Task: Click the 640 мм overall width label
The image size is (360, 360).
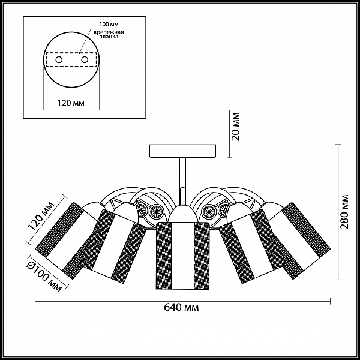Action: pos(181,307)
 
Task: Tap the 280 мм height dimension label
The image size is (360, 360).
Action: pos(344,212)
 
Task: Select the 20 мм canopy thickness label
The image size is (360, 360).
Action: pos(235,127)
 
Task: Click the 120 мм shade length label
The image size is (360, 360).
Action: pos(41,215)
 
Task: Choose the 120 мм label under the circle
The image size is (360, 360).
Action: pos(70,103)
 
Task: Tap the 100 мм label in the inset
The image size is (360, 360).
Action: pos(109,24)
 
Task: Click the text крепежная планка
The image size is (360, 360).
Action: pos(109,34)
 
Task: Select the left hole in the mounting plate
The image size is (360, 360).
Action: pos(59,60)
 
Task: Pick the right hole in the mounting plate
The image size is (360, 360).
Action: pos(85,60)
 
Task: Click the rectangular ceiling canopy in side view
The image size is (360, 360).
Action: pos(182,151)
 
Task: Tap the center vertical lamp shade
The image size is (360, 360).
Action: pos(182,256)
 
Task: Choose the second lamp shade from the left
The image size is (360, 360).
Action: pos(114,247)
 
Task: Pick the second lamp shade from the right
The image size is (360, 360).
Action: pos(251,247)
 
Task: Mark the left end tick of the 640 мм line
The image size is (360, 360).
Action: pos(35,301)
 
